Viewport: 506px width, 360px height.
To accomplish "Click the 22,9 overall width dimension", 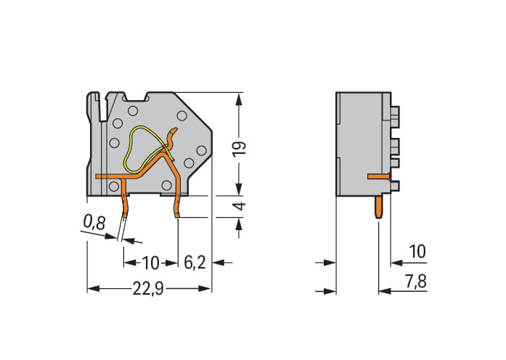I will [x=148, y=289].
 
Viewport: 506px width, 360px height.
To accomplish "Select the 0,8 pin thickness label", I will [x=94, y=224].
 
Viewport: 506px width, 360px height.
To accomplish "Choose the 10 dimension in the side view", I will [x=417, y=251].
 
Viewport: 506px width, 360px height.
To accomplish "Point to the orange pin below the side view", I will [x=380, y=206].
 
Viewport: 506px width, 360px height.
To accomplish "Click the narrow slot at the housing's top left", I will [x=103, y=102].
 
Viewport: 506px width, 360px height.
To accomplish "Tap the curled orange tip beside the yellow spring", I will [x=173, y=134].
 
